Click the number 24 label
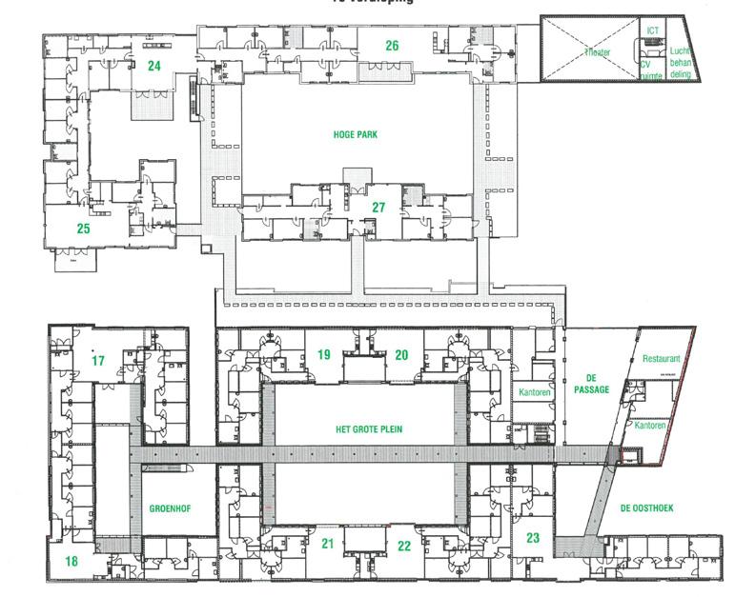click(153, 66)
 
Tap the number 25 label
click(84, 229)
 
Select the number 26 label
click(392, 46)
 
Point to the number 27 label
click(378, 208)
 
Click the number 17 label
click(98, 361)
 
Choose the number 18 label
click(72, 561)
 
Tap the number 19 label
click(324, 355)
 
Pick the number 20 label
click(401, 355)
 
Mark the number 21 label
click(327, 545)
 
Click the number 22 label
click(404, 546)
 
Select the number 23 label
click(533, 538)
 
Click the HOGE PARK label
click(355, 135)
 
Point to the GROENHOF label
click(171, 508)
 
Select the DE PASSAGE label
click(591, 383)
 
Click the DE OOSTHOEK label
click(646, 508)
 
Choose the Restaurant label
click(662, 359)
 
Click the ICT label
click(652, 31)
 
